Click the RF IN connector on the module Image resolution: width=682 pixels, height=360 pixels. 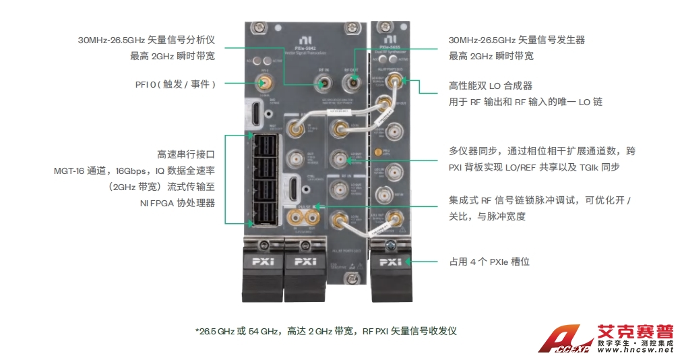coord(323,84)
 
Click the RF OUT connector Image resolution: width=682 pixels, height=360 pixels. coord(350,84)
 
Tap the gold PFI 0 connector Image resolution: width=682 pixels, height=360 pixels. coord(264,84)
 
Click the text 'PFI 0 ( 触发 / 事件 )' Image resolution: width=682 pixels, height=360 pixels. coord(175,84)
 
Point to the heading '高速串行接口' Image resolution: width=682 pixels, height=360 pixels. coord(185,154)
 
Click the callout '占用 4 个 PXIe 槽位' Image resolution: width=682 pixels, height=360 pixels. coord(489,261)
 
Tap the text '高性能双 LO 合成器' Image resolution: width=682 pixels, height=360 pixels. coord(491,86)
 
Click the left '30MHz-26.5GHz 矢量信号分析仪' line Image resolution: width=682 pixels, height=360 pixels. coord(146,40)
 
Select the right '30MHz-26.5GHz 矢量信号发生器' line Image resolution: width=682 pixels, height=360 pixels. coord(517,40)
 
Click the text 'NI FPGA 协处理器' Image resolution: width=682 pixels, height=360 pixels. coord(177,202)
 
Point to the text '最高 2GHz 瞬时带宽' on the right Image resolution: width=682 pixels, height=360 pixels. coord(491,56)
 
